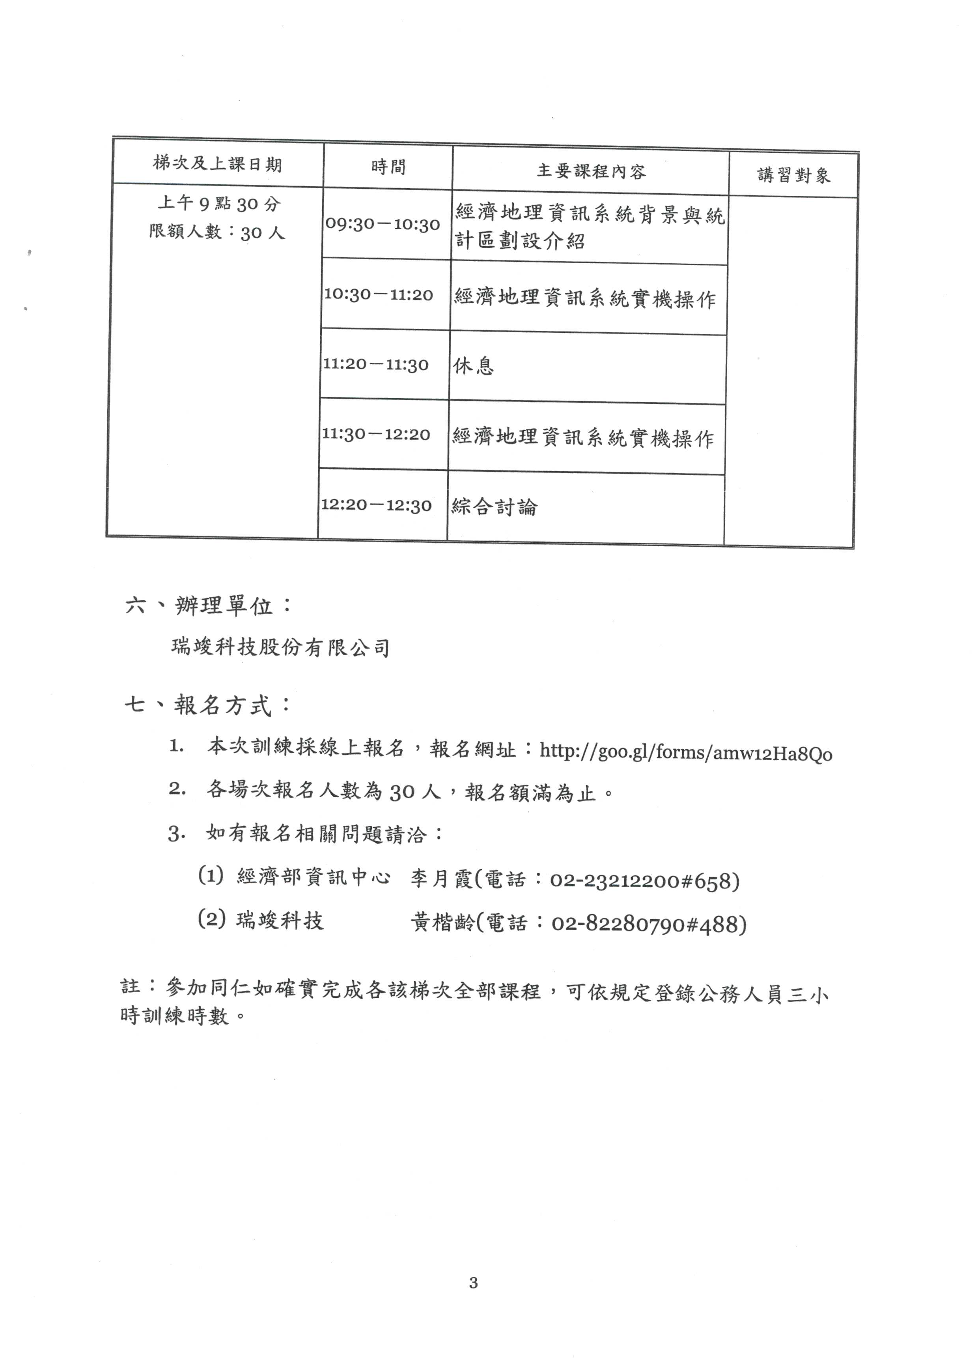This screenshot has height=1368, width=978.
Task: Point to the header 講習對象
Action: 794,175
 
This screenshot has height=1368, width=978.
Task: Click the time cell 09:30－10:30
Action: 383,224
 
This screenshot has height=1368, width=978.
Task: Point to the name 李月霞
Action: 441,879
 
